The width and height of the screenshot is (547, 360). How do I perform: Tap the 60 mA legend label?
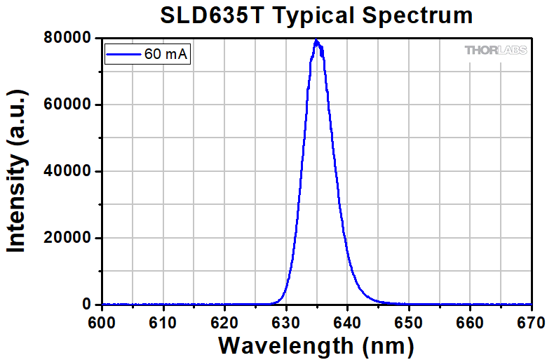tap(166, 53)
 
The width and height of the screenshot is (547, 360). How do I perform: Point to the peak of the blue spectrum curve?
tap(316, 41)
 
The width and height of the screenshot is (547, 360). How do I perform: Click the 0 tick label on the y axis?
tap(87, 305)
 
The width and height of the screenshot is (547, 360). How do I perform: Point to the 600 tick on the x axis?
tap(102, 321)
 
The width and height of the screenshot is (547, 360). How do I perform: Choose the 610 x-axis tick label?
tap(163, 321)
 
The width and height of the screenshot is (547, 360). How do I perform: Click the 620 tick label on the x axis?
tap(224, 321)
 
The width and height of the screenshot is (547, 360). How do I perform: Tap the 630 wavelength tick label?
tap(286, 321)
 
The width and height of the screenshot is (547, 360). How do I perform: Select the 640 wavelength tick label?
tap(347, 321)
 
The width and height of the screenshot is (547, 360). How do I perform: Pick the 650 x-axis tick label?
tap(408, 321)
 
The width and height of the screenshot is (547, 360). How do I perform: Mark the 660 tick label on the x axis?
tap(469, 321)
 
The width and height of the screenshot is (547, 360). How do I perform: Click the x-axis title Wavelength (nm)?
tap(316, 345)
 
